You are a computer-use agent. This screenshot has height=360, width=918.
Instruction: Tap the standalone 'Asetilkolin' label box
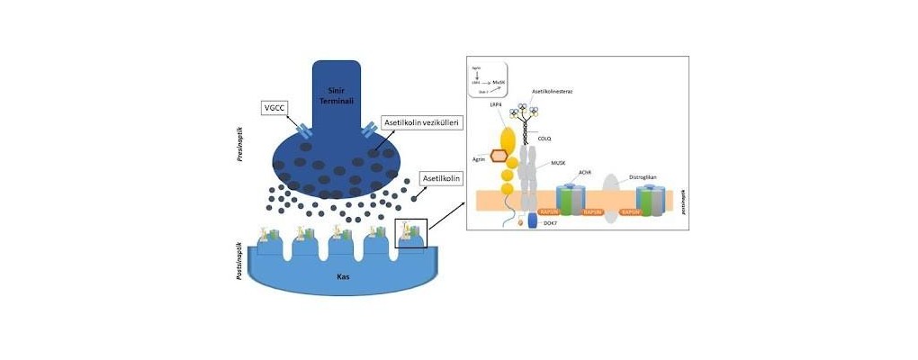[x=441, y=179]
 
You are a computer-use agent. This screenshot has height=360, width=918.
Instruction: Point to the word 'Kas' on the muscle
[x=343, y=275]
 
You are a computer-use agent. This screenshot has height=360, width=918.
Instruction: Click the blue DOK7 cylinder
[x=531, y=243]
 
